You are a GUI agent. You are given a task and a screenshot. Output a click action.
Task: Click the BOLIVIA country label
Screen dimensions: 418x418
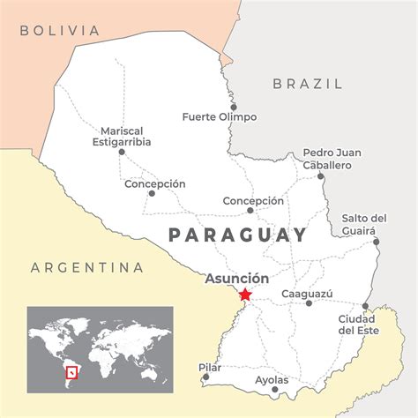60,31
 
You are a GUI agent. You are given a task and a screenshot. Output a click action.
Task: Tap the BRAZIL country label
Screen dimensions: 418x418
308,84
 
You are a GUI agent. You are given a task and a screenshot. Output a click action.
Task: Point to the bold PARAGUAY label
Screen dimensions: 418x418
237,235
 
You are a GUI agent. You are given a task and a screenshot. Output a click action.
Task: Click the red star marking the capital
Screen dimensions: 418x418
245,295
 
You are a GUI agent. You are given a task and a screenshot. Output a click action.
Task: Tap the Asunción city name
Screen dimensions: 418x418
237,279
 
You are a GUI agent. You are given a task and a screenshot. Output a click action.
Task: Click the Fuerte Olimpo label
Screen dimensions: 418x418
220,116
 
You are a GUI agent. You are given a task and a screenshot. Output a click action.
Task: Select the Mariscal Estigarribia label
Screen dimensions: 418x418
122,136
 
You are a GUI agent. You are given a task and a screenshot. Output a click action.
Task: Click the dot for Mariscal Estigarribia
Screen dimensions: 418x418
122,152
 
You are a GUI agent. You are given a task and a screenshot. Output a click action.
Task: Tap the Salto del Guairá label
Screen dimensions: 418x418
363,224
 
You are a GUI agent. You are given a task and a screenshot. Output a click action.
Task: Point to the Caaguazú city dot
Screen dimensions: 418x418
309,303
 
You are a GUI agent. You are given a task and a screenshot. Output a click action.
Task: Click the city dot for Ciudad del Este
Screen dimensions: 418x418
365,306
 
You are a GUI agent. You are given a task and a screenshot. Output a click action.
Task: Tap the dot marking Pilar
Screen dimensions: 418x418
205,377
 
